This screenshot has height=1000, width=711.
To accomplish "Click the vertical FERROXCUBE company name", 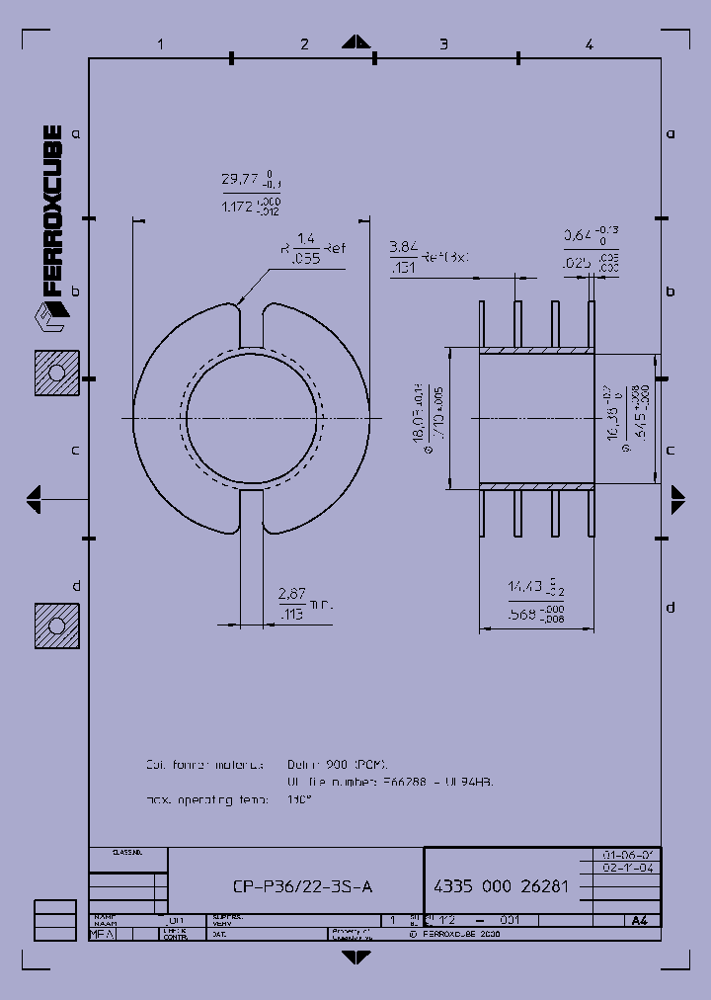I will coord(52,211).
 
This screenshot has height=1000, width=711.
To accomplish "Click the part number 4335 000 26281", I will coord(501,886).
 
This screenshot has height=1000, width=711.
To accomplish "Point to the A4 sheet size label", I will coord(639,920).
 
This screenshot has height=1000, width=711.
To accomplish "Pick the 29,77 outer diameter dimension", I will coord(239,180).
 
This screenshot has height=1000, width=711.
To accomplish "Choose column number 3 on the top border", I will coord(443,43).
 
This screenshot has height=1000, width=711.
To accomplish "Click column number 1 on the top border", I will coord(159,43).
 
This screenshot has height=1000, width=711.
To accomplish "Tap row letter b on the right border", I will coord(670,292).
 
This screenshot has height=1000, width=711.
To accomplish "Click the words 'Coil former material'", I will coord(204,765).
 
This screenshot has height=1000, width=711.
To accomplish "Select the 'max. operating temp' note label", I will coord(207,799).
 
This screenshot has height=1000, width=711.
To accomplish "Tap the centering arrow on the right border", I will coord(677,498).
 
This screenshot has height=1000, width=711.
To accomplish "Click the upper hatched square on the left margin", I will coord(56,373).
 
